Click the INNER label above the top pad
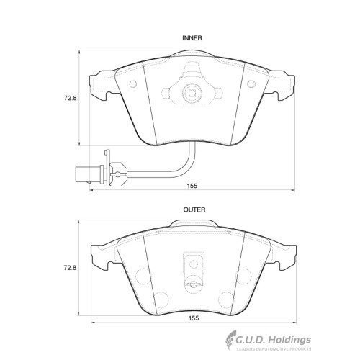point(192,38)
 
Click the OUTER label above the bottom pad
point(194,210)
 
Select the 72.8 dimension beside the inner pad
point(70,98)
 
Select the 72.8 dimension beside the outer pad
point(70,268)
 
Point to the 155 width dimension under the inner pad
point(192,186)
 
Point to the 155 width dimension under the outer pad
point(194,318)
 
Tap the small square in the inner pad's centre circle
point(192,93)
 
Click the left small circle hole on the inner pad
point(133,84)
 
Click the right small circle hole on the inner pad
point(251,84)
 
